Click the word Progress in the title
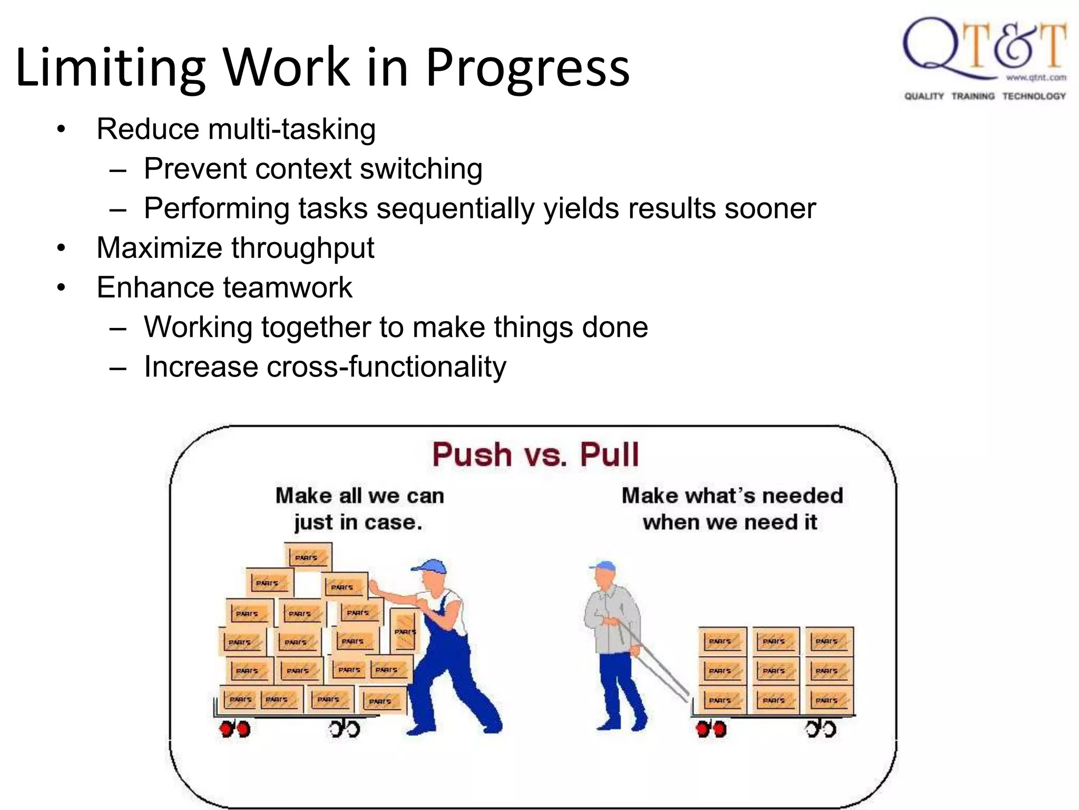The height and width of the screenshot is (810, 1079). click(527, 67)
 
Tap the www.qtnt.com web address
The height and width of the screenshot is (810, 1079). click(1036, 78)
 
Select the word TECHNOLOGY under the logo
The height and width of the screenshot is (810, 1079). click(1034, 96)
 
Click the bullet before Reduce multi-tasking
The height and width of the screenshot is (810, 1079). click(62, 129)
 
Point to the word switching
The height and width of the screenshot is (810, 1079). click(421, 169)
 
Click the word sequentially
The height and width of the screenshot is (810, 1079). click(456, 208)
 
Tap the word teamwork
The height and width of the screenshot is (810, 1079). click(288, 287)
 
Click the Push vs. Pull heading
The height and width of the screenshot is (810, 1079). click(535, 455)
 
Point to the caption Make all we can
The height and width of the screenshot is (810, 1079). click(360, 496)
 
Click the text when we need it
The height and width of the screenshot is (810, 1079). click(730, 523)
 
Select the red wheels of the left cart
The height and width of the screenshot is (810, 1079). click(234, 729)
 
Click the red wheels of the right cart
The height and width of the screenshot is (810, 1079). click(711, 729)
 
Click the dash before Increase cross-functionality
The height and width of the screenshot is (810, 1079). click(118, 368)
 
